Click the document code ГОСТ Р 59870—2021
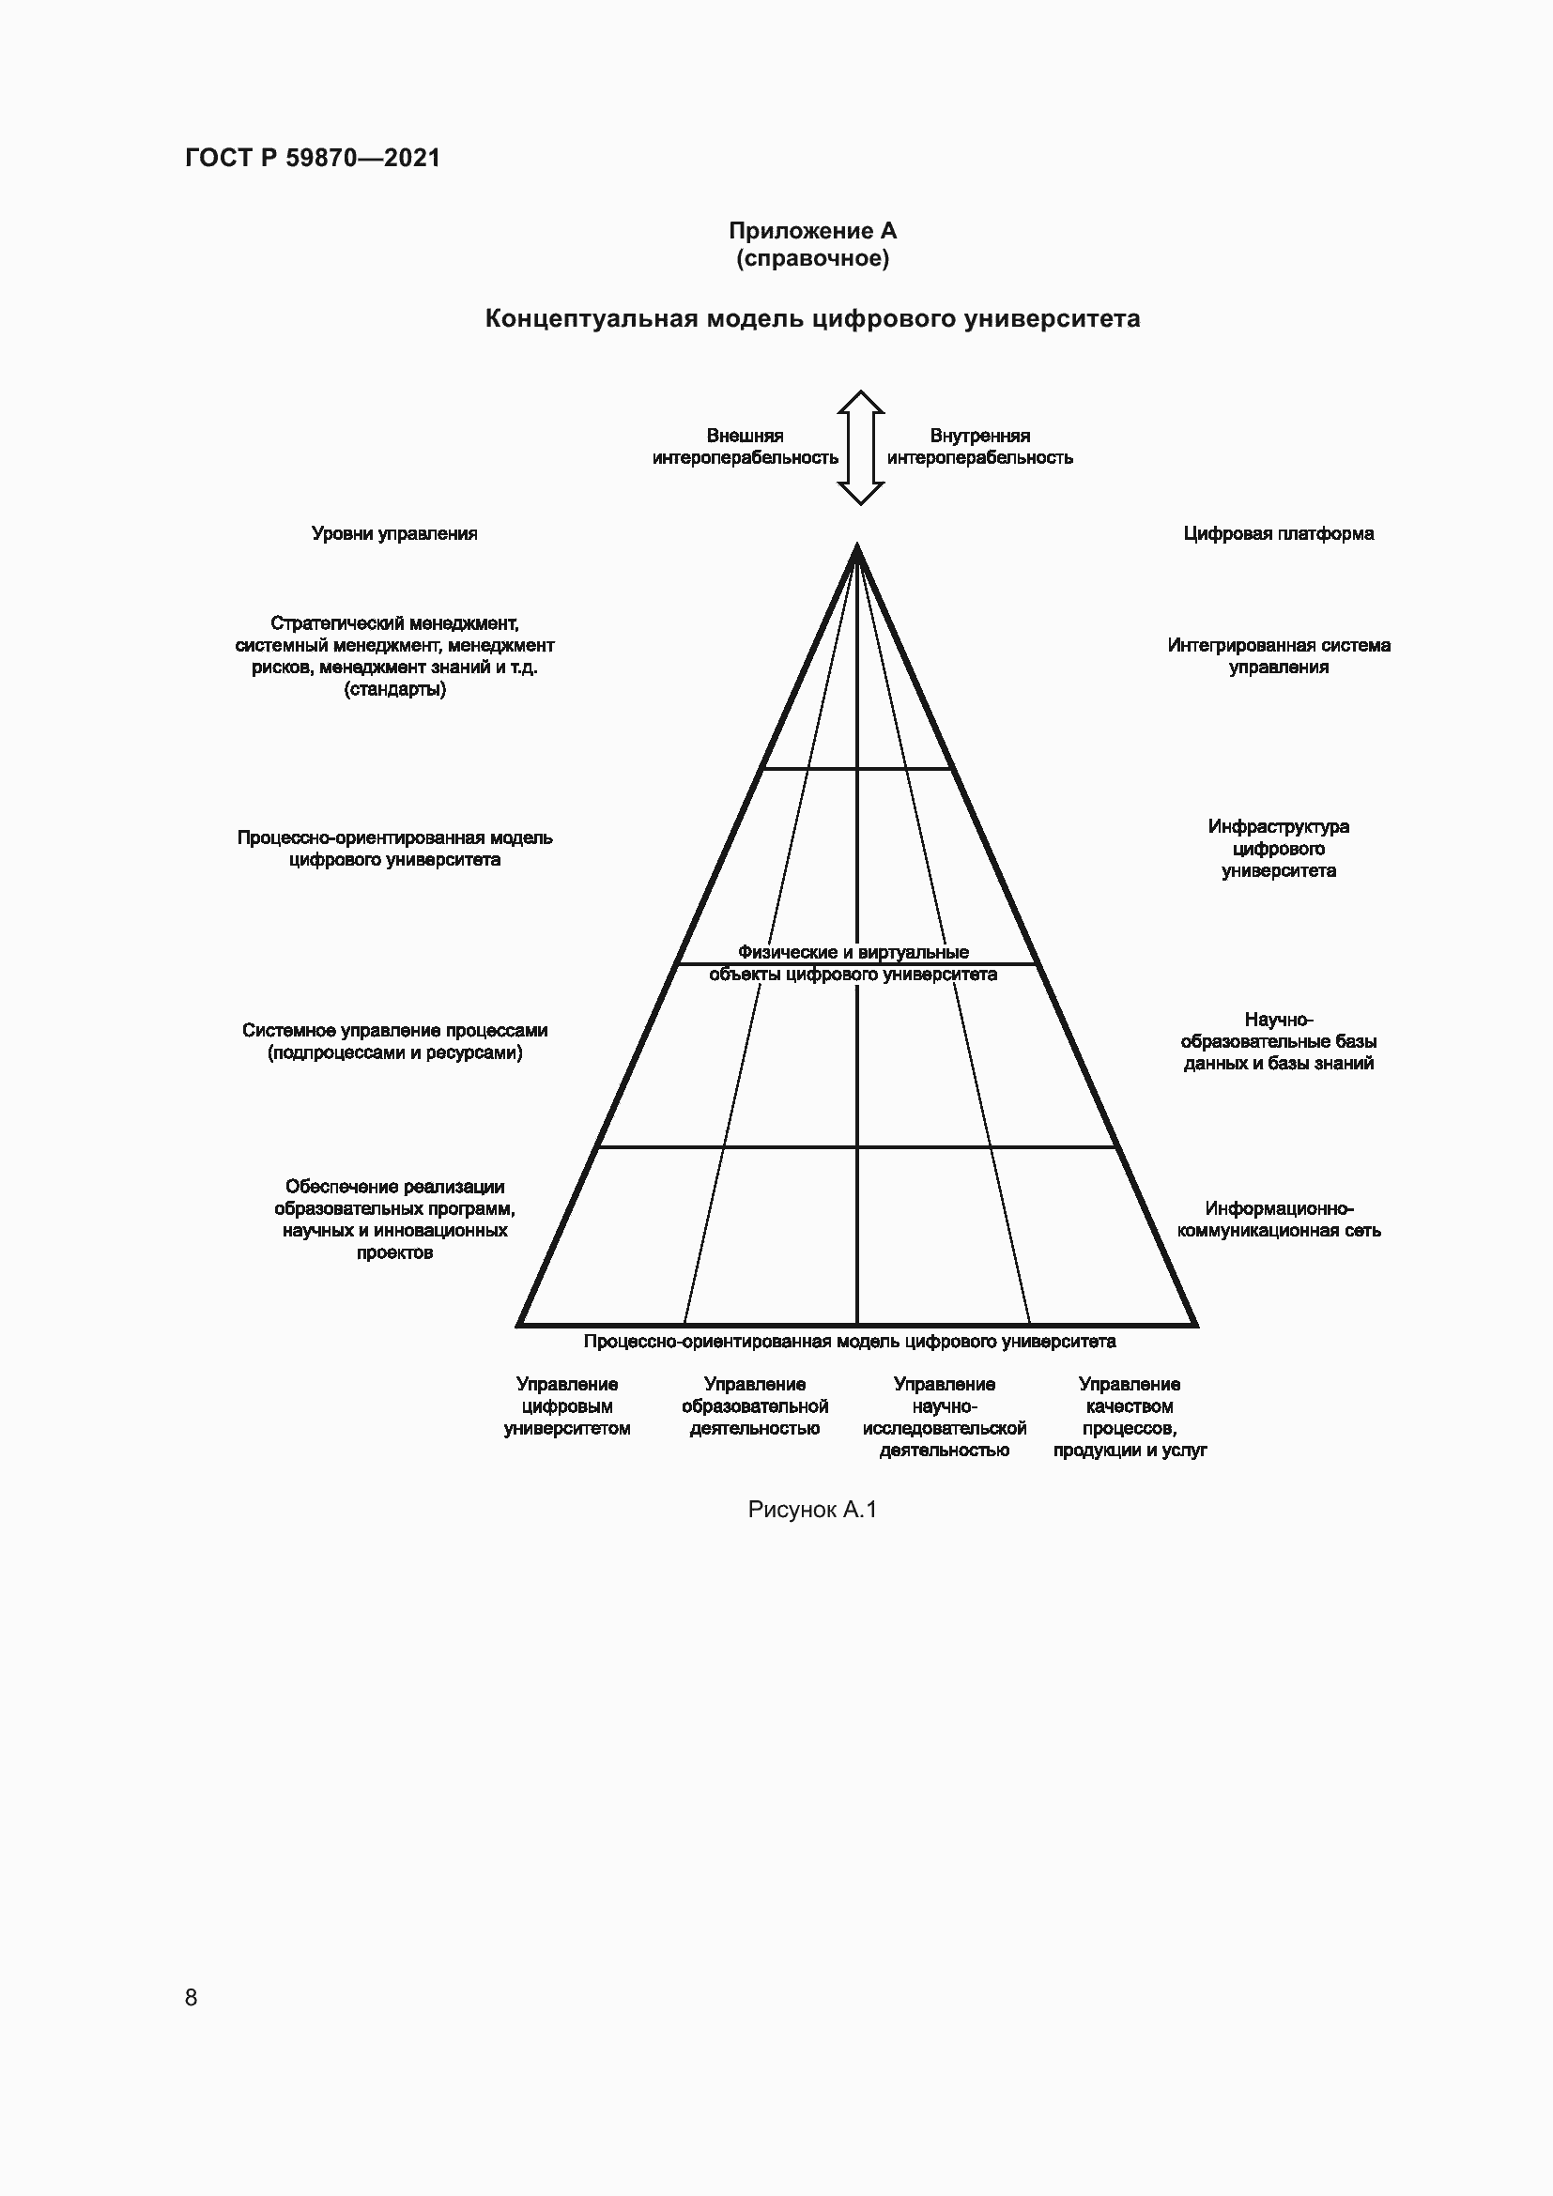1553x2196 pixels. pos(313,158)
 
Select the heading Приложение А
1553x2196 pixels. pos(812,231)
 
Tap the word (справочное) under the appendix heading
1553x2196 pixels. pos(812,258)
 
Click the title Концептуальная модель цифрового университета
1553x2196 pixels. pos(812,318)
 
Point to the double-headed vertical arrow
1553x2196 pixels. pos(860,448)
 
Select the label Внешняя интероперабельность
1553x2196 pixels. pos(745,447)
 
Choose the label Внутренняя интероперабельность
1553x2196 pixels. pos(979,447)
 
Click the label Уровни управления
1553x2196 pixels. pos(394,533)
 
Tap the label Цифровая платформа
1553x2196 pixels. pos(1278,533)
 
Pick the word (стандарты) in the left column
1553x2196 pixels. pos(394,690)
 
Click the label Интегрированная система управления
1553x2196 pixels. pos(1278,656)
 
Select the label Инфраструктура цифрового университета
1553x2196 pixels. pos(1278,849)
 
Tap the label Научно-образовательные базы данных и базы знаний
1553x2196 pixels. pos(1278,1041)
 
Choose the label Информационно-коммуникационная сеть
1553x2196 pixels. pos(1278,1220)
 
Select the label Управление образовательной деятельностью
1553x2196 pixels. pos(755,1406)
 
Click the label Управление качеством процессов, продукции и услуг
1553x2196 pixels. pos(1130,1417)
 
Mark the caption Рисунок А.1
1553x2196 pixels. pos(812,1510)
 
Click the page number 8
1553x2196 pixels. pos(192,1997)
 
